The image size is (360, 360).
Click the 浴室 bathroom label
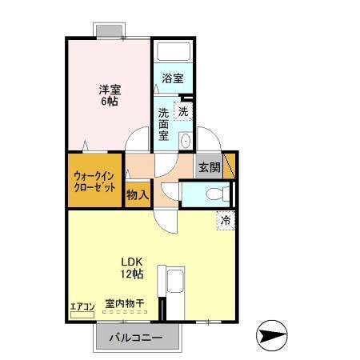coord(173,78)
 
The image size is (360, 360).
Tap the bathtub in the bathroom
coord(173,54)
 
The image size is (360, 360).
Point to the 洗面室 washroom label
coord(165,124)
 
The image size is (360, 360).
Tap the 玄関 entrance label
coord(210,168)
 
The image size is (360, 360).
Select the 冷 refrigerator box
coord(225,218)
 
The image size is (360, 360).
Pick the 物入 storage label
coord(138,194)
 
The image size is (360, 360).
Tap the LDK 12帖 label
coord(132,268)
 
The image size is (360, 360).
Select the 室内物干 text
coord(125,304)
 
